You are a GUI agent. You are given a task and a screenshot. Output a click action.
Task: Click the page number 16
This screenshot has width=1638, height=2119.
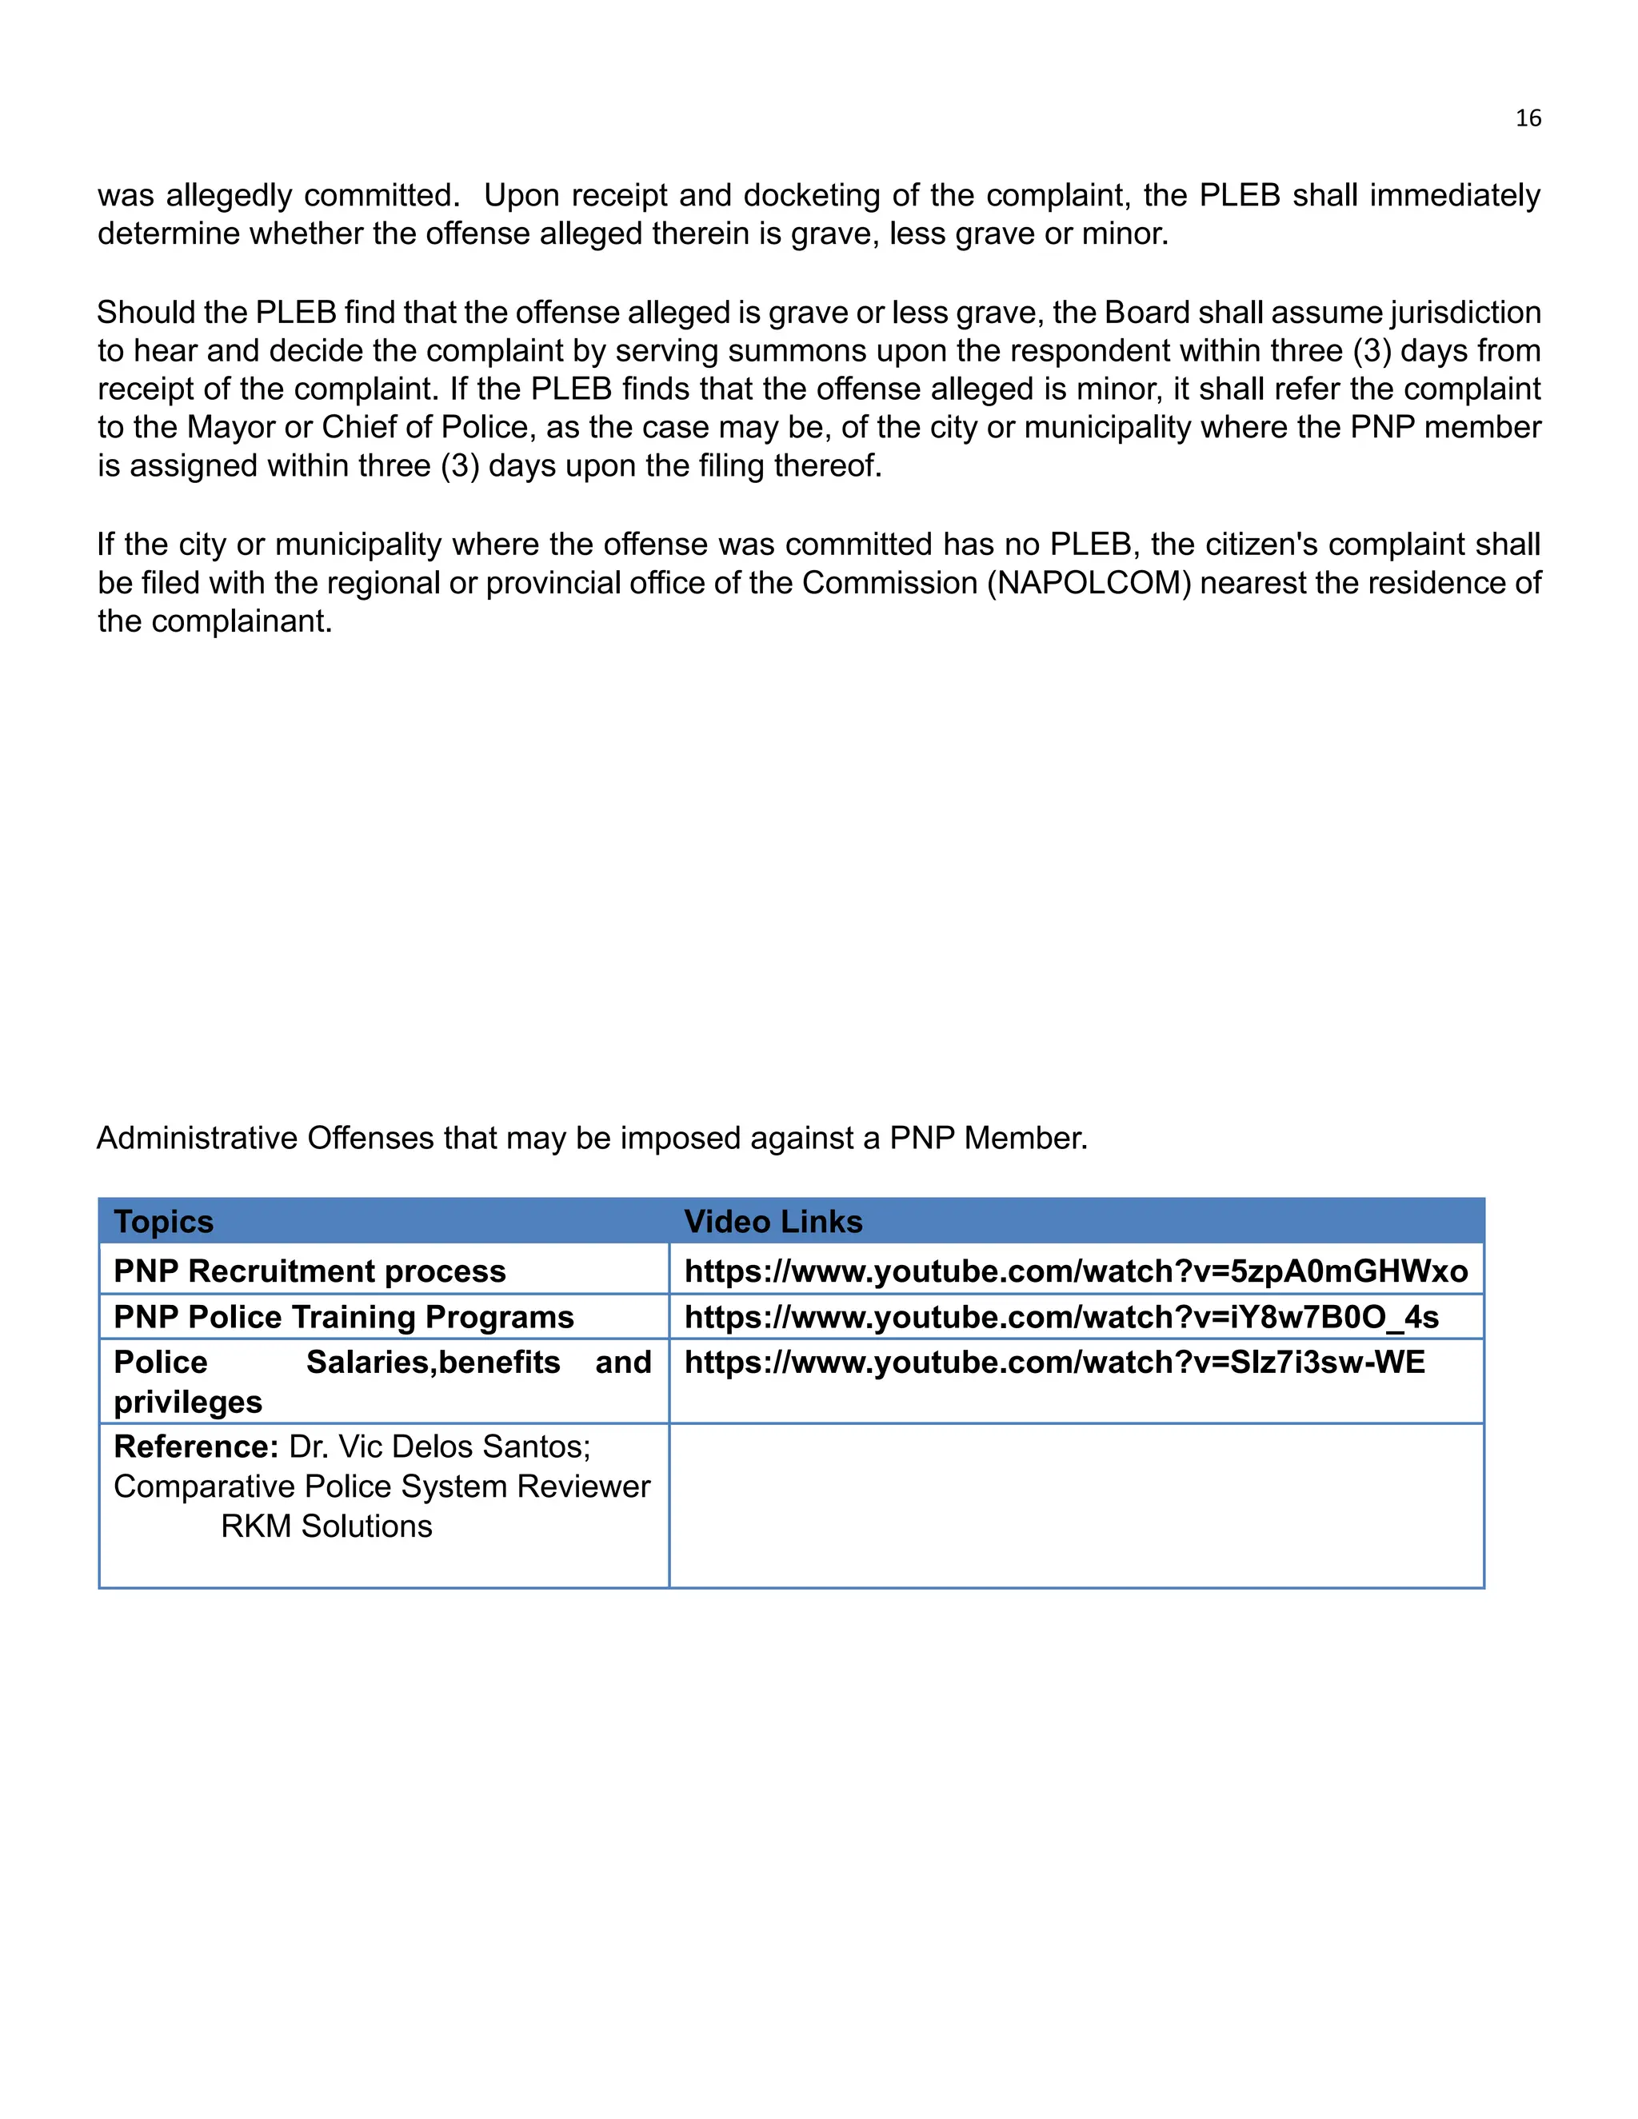click(x=1528, y=118)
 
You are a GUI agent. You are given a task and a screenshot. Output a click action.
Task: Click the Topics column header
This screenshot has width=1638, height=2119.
click(x=163, y=1222)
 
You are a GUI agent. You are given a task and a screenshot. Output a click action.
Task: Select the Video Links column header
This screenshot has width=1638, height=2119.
click(x=773, y=1222)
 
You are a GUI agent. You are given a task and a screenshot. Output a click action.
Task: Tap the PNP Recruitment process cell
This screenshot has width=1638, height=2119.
click(x=310, y=1271)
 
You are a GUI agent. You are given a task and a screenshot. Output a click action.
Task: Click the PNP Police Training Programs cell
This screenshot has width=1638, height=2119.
click(x=343, y=1317)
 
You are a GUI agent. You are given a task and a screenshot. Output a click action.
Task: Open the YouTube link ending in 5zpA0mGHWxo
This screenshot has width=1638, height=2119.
click(x=1075, y=1271)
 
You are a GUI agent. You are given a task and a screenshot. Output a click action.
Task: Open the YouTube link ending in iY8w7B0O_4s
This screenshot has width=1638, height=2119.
click(x=1061, y=1317)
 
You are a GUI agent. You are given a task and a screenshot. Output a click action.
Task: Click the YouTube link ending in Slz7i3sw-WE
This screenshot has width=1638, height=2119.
click(x=1054, y=1363)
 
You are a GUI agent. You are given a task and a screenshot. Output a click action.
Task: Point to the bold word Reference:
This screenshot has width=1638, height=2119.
click(x=196, y=1447)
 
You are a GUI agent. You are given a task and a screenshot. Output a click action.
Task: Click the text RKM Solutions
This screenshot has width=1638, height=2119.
click(x=326, y=1526)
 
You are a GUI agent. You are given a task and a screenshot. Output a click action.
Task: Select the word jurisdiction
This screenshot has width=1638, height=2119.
click(x=1464, y=313)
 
